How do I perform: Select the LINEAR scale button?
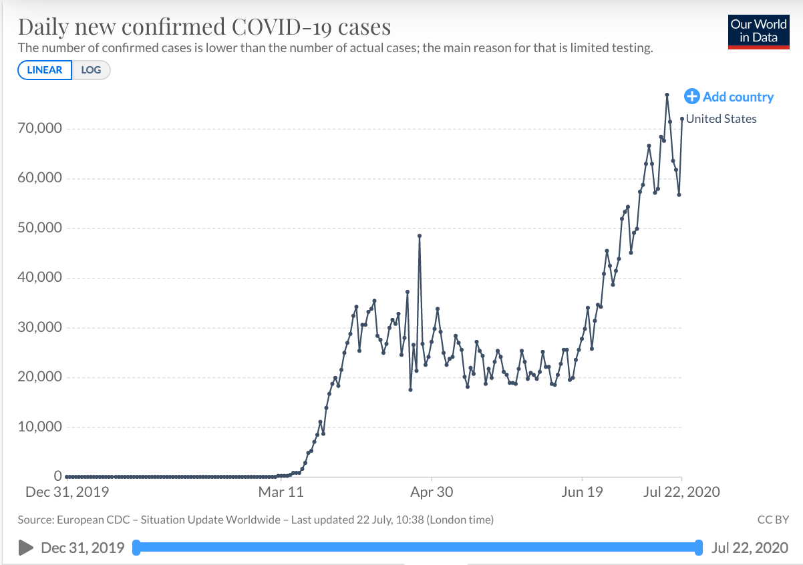tap(45, 70)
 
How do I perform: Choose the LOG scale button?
tap(91, 70)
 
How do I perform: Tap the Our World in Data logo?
tap(758, 31)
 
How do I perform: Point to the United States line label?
tap(721, 119)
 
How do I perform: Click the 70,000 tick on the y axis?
tap(39, 129)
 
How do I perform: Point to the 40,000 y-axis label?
tap(39, 278)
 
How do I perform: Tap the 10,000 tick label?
tap(39, 427)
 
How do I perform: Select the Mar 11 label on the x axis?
tap(281, 492)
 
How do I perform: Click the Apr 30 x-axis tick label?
tap(432, 492)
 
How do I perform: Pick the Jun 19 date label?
tap(582, 492)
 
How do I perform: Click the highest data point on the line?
tap(667, 95)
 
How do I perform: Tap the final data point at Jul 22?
tap(682, 119)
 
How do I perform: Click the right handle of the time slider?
tap(699, 548)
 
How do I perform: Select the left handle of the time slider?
tap(136, 548)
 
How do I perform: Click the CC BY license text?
tap(774, 519)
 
